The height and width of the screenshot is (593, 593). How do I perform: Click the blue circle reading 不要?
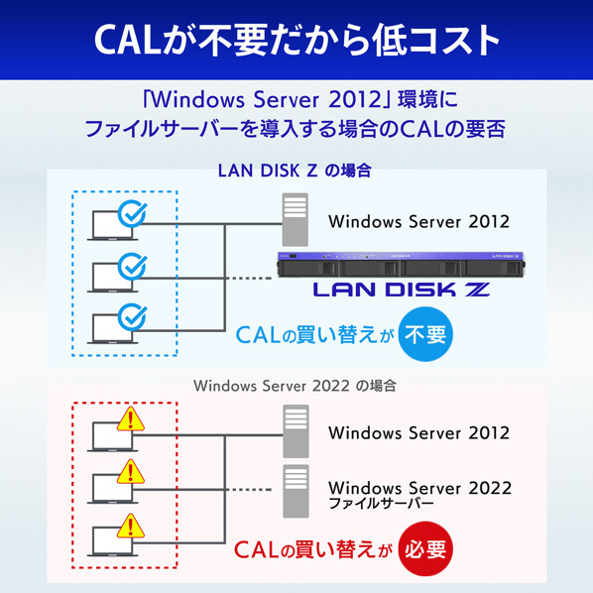click(425, 334)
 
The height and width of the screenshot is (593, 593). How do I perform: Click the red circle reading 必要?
click(425, 548)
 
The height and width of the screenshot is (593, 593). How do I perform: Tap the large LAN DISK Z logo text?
click(402, 290)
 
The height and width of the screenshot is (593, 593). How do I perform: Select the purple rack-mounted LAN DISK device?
click(401, 265)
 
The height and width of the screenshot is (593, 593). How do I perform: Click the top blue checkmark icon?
click(132, 214)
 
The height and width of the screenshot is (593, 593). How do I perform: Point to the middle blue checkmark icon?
click(132, 266)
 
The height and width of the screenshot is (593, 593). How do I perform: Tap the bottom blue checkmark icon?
click(132, 317)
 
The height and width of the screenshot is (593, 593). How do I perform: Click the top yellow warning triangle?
click(131, 419)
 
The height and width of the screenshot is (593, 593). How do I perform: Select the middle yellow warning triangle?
click(131, 472)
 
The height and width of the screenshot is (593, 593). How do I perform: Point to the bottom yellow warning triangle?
click(131, 526)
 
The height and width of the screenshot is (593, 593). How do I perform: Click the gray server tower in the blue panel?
click(295, 219)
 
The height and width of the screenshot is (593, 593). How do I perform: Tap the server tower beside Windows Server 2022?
click(296, 491)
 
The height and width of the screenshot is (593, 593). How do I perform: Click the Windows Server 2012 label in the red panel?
click(419, 433)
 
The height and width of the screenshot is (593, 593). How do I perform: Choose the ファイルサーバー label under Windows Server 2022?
click(381, 504)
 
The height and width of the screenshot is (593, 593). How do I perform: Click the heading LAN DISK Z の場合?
click(295, 171)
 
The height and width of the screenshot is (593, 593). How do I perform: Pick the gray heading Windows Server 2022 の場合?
click(295, 386)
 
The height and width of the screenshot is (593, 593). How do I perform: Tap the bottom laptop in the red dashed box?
click(112, 541)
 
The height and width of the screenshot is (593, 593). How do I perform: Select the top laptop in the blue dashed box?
click(112, 225)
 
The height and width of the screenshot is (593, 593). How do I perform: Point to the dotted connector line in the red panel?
click(251, 490)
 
